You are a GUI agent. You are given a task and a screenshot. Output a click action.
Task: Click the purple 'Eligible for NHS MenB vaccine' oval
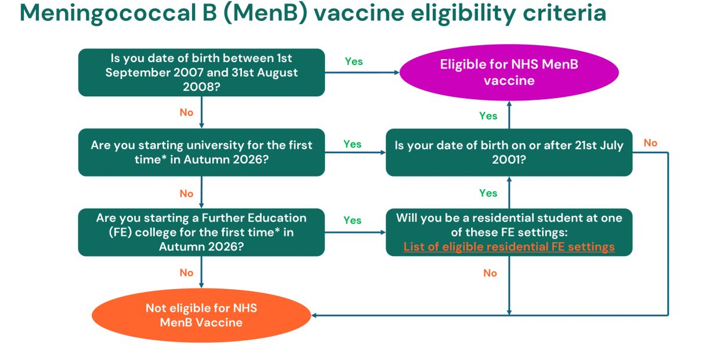pos(509,73)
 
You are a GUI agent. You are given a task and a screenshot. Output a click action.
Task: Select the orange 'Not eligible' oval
pos(201,315)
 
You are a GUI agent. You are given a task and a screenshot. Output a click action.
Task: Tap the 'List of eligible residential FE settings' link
pos(509,247)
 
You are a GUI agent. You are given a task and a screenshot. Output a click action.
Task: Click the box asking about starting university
pos(201,152)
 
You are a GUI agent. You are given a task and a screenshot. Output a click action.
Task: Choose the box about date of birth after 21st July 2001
pos(509,152)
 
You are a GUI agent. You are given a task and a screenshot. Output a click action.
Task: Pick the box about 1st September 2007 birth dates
pos(201,73)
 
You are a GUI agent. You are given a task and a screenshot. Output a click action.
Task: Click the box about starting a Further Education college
pos(201,232)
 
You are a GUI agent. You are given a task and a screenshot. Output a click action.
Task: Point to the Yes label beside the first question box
pos(354,62)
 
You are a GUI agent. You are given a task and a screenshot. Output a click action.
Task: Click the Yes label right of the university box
pos(352,144)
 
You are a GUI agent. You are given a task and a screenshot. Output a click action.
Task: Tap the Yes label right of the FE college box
pos(352,220)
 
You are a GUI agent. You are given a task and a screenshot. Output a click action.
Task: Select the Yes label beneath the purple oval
pos(488,116)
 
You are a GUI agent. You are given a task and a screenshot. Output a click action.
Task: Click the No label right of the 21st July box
pos(650,143)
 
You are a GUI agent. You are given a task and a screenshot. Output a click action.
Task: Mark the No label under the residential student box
pos(490,273)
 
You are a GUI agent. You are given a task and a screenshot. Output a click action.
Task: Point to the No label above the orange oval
pos(186,272)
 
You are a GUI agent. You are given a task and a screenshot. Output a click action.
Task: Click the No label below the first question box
pos(186,112)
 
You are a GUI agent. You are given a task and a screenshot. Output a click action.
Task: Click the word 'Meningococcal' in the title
pos(108,13)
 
